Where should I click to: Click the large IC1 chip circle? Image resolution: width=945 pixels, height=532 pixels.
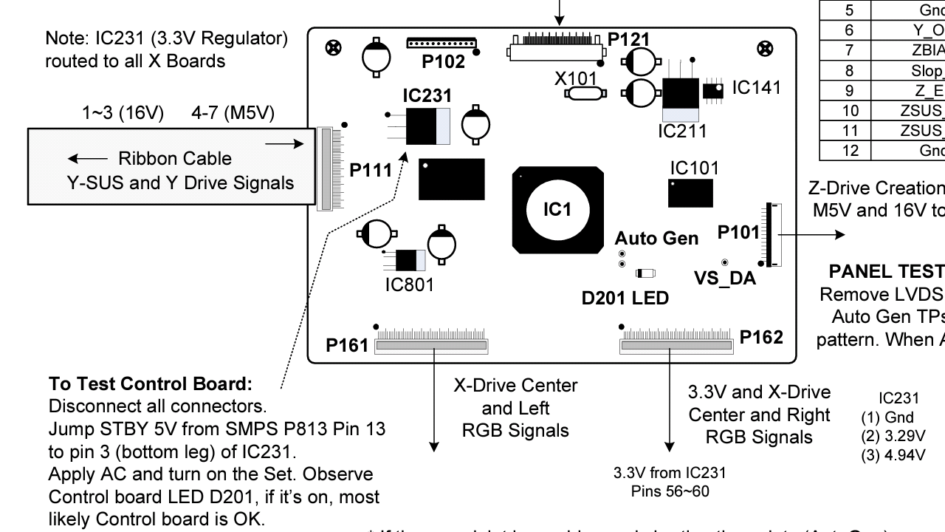tap(557, 210)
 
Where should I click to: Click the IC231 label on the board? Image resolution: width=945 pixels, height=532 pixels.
tap(427, 96)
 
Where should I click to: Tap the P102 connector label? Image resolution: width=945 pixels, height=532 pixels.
tap(444, 62)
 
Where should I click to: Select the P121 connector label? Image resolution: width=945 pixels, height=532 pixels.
tap(630, 39)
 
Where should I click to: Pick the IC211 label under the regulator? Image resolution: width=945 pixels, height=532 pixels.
tap(682, 132)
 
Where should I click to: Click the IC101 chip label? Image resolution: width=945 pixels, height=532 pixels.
tap(694, 168)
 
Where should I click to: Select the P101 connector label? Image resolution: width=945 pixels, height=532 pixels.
tap(738, 232)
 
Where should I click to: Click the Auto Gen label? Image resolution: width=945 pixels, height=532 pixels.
tap(656, 238)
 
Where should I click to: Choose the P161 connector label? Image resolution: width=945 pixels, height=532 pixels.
tap(347, 346)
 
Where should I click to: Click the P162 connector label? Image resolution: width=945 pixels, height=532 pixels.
tap(761, 337)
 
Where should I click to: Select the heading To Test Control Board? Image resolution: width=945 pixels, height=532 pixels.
tap(151, 385)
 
